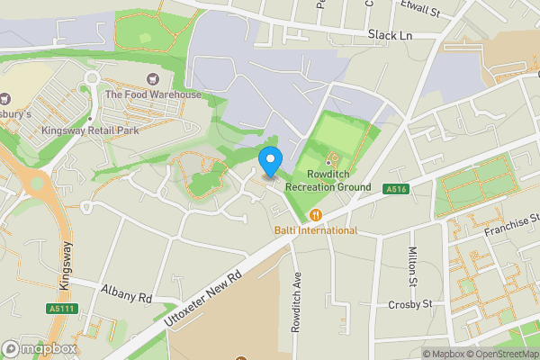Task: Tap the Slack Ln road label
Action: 390,34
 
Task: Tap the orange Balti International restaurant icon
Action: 316,214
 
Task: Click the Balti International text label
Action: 316,230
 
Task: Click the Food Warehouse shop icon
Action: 150,79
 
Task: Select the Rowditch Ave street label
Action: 295,304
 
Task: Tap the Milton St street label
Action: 412,267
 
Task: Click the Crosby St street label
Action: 410,303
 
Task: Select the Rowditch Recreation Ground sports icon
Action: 328,158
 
